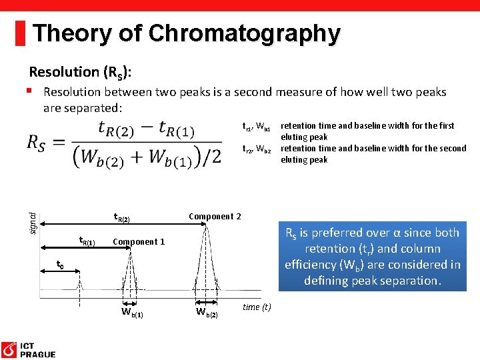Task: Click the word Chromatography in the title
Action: pyautogui.click(x=245, y=33)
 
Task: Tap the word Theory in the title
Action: pyautogui.click(x=69, y=33)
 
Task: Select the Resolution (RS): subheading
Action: pyautogui.click(x=84, y=72)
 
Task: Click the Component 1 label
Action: pyautogui.click(x=139, y=241)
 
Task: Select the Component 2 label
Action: pyautogui.click(x=215, y=216)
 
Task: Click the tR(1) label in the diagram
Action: pyautogui.click(x=87, y=241)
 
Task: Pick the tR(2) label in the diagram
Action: pyautogui.click(x=121, y=217)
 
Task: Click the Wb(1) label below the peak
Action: pyautogui.click(x=132, y=312)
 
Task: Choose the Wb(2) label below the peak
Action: pyautogui.click(x=206, y=312)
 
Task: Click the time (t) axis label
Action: pyautogui.click(x=257, y=307)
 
